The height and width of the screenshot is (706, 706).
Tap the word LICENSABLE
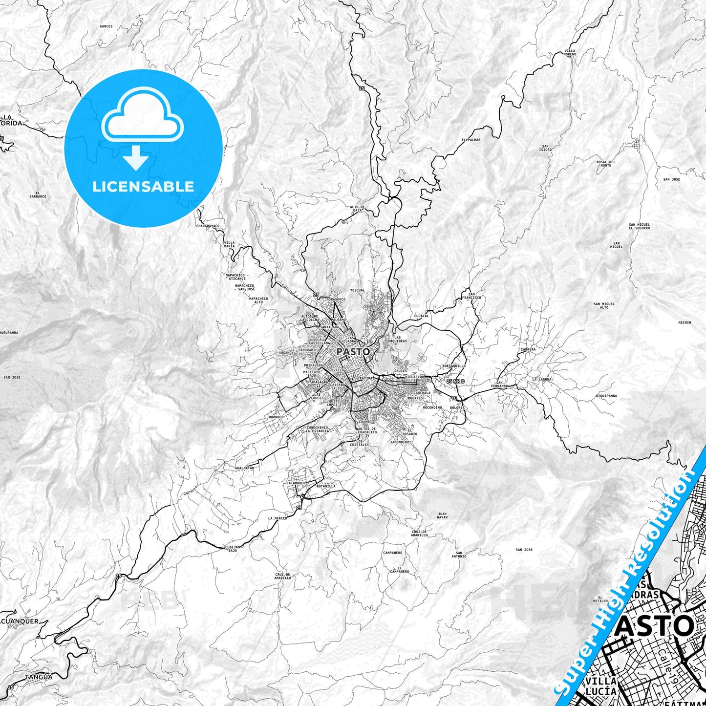click(x=143, y=186)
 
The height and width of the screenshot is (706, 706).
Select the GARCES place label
click(x=106, y=26)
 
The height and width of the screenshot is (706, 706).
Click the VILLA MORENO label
click(x=570, y=52)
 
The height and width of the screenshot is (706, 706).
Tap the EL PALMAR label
click(x=471, y=140)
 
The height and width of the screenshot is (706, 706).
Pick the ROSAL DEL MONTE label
click(x=606, y=164)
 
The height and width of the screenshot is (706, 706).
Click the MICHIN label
click(x=685, y=322)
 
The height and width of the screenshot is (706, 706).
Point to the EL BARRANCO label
click(x=38, y=194)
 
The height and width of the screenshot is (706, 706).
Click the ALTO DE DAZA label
click(x=358, y=209)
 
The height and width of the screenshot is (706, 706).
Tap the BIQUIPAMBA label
click(x=606, y=396)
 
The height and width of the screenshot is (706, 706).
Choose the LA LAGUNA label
click(x=542, y=379)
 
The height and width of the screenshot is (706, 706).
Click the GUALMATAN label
click(x=244, y=468)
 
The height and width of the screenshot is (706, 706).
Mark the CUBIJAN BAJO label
click(x=233, y=548)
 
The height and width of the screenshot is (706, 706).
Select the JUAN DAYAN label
click(x=442, y=515)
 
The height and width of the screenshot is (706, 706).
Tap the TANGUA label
click(x=38, y=677)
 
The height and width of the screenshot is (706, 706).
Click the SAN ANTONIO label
click(x=459, y=555)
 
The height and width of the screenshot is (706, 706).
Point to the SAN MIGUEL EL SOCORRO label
click(x=639, y=226)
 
